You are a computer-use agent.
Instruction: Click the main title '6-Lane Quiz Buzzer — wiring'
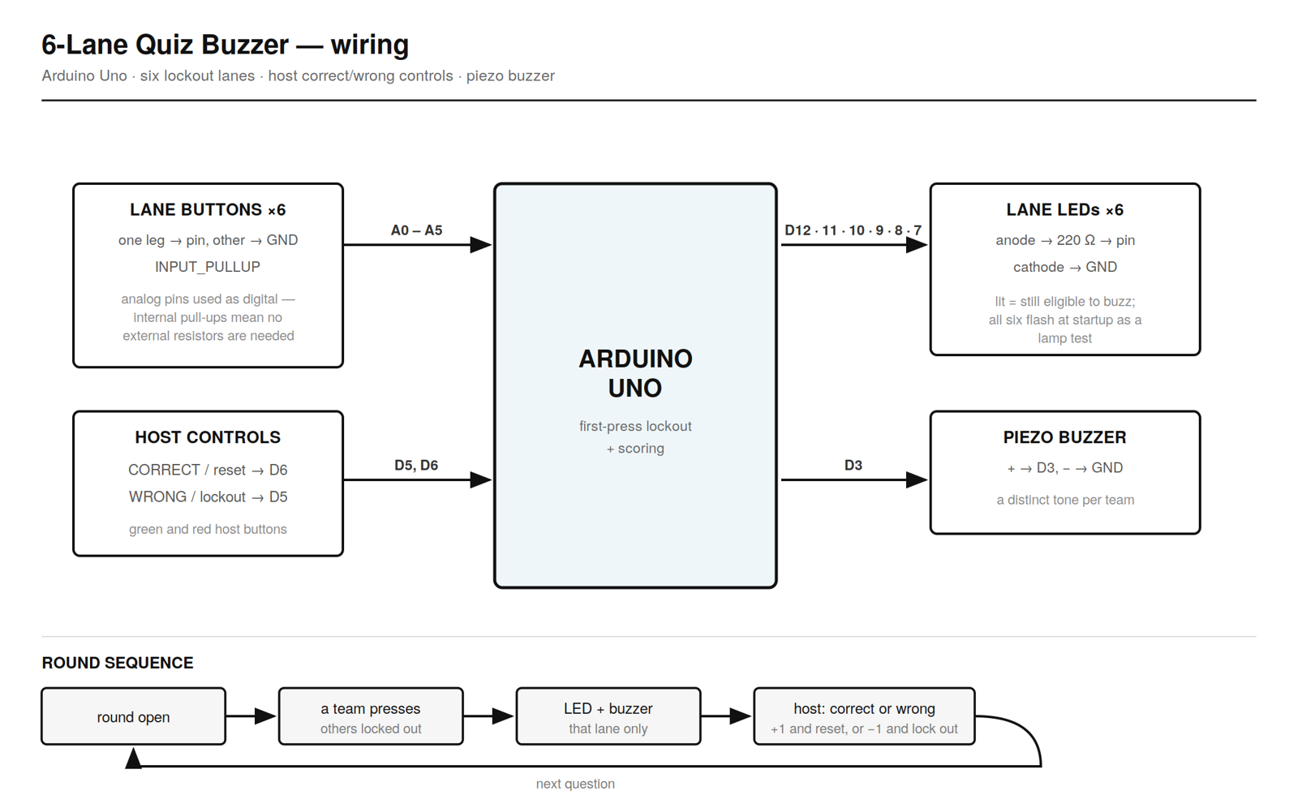[x=225, y=45]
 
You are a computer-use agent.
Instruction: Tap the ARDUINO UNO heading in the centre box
[x=635, y=373]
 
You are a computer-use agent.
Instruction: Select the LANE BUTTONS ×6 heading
[x=208, y=209]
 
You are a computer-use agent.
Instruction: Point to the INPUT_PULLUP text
[x=208, y=267]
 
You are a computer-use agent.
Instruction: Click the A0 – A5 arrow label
[x=416, y=230]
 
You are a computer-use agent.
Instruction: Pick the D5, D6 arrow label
[x=416, y=465]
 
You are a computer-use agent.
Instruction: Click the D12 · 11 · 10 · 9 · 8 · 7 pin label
[x=853, y=230]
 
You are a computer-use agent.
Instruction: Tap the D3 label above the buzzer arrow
[x=853, y=465]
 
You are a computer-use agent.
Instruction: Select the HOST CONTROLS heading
[x=208, y=437]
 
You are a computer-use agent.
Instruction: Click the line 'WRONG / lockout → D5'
[x=208, y=496]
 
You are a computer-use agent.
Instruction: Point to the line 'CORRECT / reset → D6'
[x=208, y=470]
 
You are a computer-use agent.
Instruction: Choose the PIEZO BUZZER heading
[x=1064, y=437]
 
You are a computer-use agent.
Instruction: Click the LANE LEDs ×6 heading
[x=1064, y=209]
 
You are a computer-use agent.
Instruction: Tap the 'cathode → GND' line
[x=1064, y=267]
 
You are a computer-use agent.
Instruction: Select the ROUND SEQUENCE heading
[x=117, y=663]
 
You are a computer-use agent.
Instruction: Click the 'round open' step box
[x=133, y=716]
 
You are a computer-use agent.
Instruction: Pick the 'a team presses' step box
[x=371, y=716]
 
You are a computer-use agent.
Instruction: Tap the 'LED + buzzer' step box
[x=608, y=716]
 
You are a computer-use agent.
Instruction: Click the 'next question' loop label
[x=575, y=784]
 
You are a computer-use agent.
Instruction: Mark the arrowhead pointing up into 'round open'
[x=133, y=758]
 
